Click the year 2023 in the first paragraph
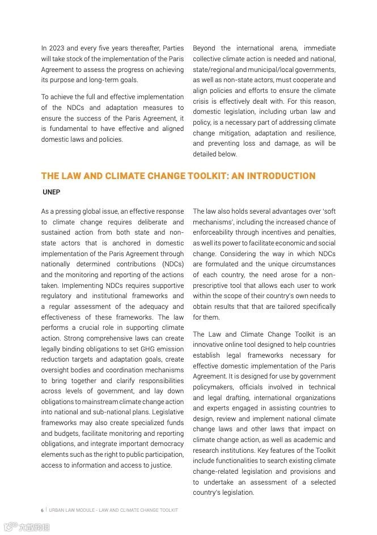click(x=56, y=49)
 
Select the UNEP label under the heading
click(x=52, y=192)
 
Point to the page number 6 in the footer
click(x=42, y=510)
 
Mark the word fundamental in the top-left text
click(x=71, y=129)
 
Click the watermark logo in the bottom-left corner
click(x=26, y=527)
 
